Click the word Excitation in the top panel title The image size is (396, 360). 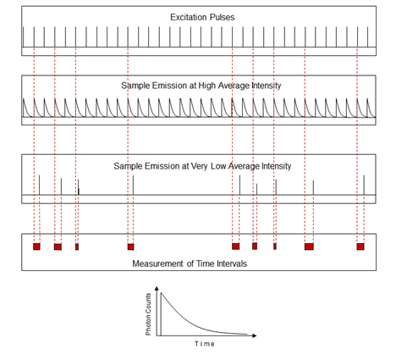[185, 17]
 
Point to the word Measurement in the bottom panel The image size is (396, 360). [157, 263]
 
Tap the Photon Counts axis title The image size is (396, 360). [148, 314]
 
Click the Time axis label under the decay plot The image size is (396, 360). [205, 344]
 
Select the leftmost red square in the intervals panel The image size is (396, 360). [36, 246]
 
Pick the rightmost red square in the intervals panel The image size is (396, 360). [360, 246]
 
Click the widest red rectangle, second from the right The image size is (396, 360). [309, 246]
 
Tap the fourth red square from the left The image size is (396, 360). [130, 246]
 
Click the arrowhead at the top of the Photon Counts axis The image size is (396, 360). [157, 288]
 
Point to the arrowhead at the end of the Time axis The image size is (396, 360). [255, 335]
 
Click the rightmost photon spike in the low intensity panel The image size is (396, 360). [364, 185]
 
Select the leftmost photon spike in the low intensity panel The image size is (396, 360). [39, 185]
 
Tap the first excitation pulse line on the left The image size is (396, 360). [24, 37]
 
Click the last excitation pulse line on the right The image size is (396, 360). [368, 37]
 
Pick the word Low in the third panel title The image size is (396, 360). [218, 166]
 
